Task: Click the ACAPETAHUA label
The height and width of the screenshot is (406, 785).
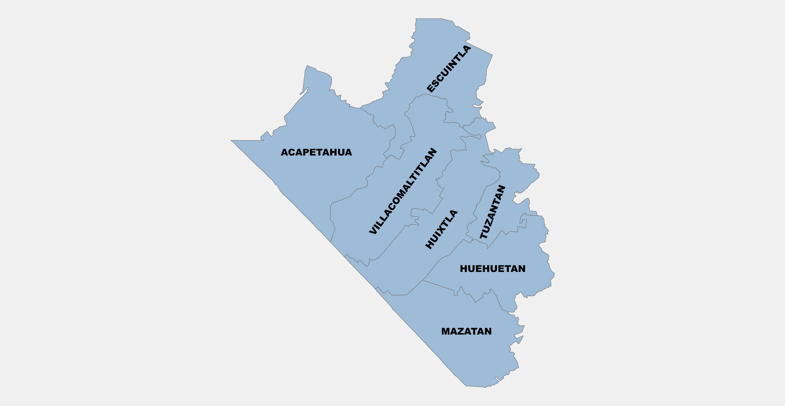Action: pos(316,152)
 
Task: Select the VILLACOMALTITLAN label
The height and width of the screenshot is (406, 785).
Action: pos(403,191)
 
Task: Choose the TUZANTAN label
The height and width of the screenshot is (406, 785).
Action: pos(493,212)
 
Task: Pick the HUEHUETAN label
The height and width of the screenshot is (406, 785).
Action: pos(492,269)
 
